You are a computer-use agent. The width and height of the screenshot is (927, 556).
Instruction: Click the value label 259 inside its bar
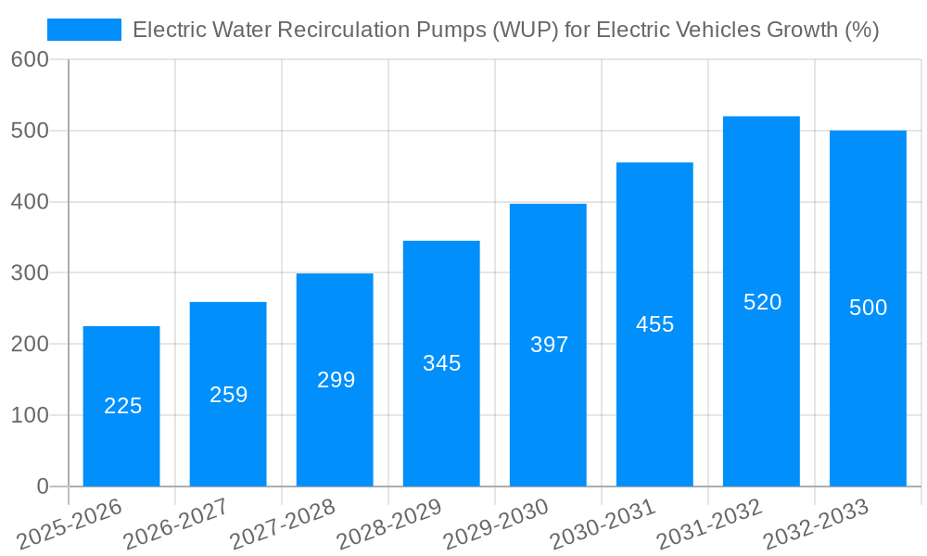tap(228, 395)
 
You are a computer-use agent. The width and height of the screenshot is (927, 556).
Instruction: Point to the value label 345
tap(441, 363)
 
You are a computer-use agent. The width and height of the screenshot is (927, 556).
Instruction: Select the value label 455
tap(654, 324)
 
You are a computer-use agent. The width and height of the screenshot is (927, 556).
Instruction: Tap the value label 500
tap(868, 308)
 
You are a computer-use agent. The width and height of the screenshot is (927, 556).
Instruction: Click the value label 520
tap(762, 302)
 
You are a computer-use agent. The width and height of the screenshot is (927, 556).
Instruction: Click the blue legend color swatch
tap(84, 30)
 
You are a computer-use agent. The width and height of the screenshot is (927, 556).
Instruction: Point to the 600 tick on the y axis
tap(30, 59)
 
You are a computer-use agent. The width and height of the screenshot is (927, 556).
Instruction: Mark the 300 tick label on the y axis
tap(30, 272)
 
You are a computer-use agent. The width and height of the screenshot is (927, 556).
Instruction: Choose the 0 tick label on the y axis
tap(43, 486)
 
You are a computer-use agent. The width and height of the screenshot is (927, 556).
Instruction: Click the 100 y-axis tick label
tap(30, 415)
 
